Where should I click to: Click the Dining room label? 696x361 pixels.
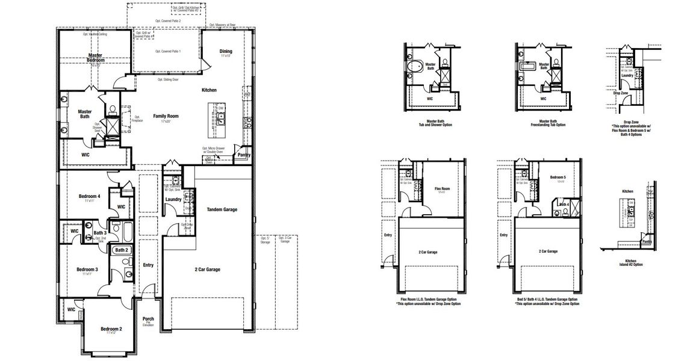(x=226, y=52)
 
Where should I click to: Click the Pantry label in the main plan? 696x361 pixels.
(x=244, y=155)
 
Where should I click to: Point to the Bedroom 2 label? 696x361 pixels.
(x=111, y=329)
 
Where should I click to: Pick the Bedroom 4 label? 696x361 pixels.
(x=90, y=197)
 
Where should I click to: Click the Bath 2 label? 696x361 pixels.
(x=122, y=250)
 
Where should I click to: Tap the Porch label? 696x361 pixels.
(x=148, y=319)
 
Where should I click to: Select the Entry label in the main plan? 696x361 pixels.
(x=148, y=265)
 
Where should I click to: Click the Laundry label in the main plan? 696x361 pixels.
(x=173, y=199)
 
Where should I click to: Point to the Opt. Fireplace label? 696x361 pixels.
(x=138, y=119)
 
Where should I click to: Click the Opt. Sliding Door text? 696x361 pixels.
(x=168, y=79)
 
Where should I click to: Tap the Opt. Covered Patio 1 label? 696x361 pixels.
(x=168, y=52)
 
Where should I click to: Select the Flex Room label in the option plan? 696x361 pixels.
(x=442, y=188)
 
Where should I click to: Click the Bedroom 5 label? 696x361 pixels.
(x=558, y=177)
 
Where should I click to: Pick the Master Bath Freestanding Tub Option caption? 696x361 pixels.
(x=544, y=123)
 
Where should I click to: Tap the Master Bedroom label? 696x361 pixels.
(x=95, y=58)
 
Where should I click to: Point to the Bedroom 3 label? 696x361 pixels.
(x=88, y=270)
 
